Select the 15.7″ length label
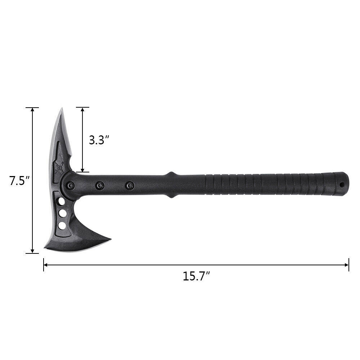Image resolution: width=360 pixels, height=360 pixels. pos(196,276)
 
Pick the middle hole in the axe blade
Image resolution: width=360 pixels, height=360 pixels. pos(63,213)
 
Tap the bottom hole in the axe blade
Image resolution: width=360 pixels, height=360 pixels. pos(62,226)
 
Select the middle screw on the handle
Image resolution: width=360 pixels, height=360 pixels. pos(100,185)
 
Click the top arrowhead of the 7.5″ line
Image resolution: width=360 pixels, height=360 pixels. pos(32,110)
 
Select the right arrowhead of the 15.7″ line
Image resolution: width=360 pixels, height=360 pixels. pos(347,265)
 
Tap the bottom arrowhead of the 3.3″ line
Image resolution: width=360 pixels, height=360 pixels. pos(82,170)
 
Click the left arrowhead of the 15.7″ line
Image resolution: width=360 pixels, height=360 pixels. pos(46,265)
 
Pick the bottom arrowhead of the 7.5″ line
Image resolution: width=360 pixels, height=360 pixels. pos(32,251)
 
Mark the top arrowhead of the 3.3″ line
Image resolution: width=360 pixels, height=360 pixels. pos(82,109)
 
